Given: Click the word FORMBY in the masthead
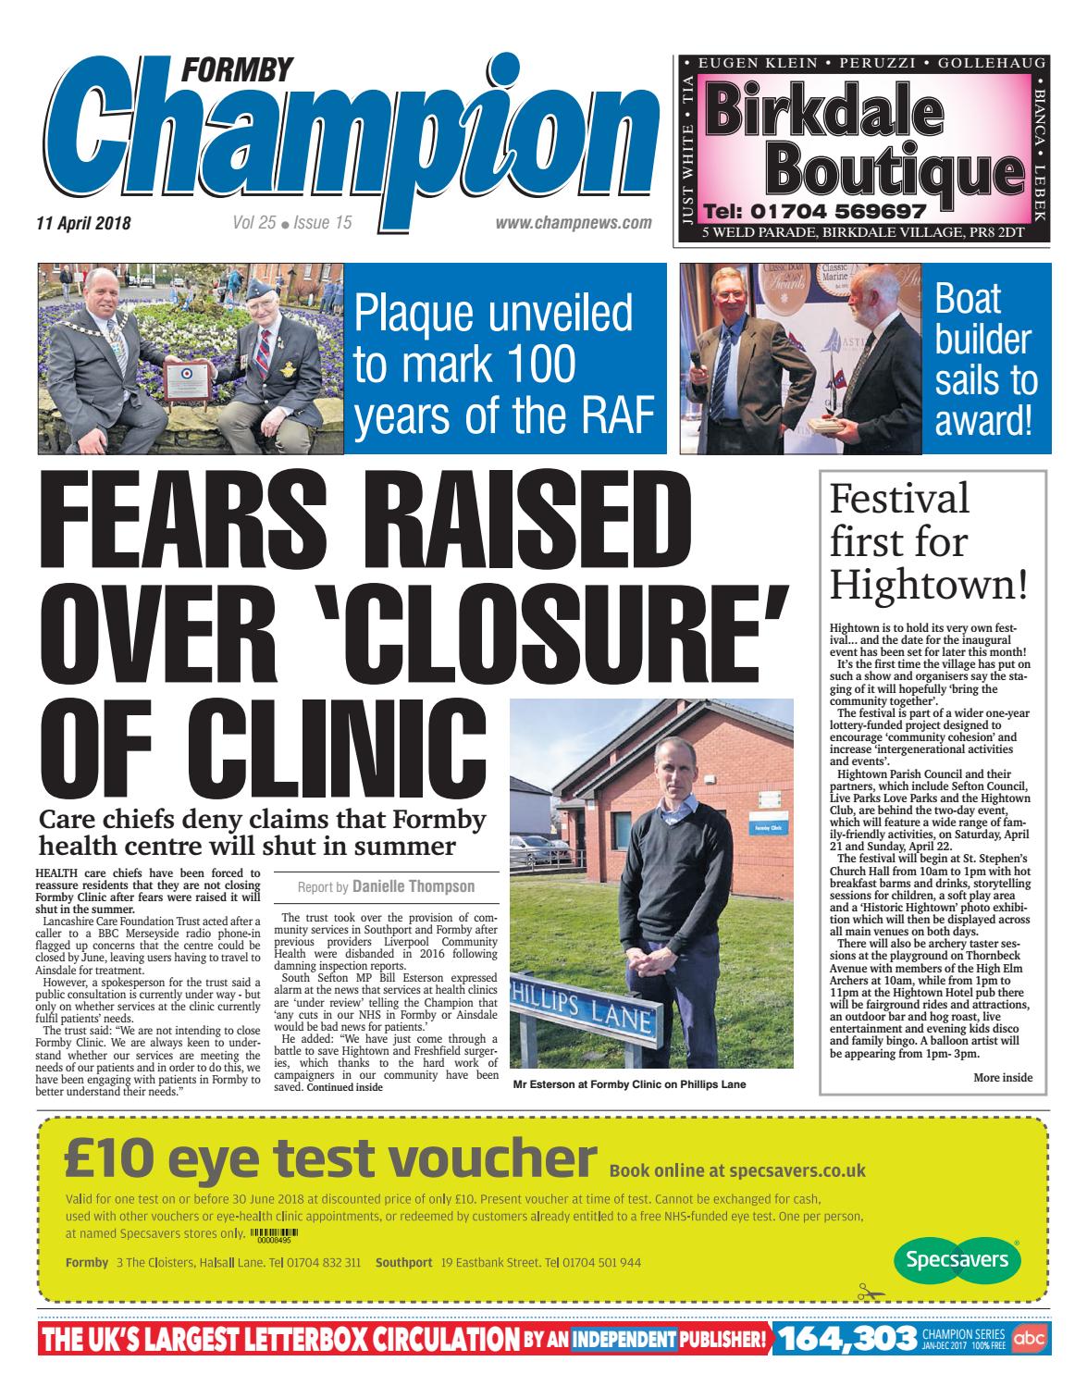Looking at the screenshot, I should coord(239,68).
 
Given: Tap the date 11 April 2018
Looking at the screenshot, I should coord(84,223).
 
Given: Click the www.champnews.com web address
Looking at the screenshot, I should coord(574,223).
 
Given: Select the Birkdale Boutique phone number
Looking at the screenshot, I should coord(814,210).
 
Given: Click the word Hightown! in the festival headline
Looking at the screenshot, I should coord(929,584).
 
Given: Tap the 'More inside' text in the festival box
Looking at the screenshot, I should coord(1003,1077).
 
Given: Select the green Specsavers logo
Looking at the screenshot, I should coord(957,1260).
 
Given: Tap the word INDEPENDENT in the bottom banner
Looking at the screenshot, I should coord(624,1339).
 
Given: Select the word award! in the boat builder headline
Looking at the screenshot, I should coord(982,421).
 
